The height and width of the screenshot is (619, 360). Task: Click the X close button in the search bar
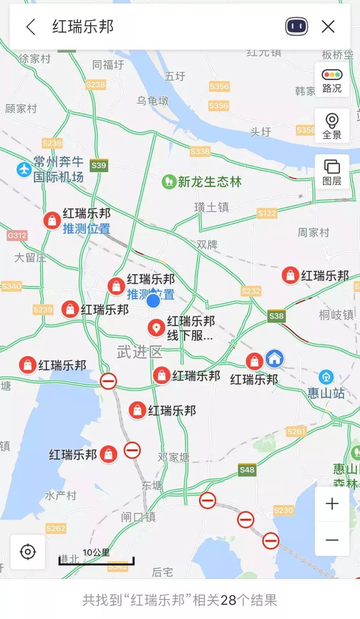click(328, 27)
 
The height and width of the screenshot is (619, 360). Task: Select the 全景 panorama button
click(332, 126)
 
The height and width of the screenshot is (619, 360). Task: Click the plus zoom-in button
click(332, 503)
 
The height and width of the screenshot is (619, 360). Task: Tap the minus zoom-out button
click(332, 540)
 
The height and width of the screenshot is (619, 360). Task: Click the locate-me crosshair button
click(28, 552)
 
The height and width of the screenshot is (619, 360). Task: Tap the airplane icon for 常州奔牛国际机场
click(24, 169)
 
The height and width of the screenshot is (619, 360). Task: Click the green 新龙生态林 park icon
click(169, 182)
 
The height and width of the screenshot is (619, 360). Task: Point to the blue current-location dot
click(153, 301)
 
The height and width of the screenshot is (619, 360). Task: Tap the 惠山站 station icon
click(326, 377)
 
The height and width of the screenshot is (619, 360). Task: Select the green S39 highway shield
click(99, 165)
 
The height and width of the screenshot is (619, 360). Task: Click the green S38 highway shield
click(276, 316)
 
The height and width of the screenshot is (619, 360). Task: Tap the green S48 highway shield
click(247, 470)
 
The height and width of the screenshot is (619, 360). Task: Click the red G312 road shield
click(17, 235)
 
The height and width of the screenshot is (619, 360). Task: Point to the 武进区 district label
click(140, 352)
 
